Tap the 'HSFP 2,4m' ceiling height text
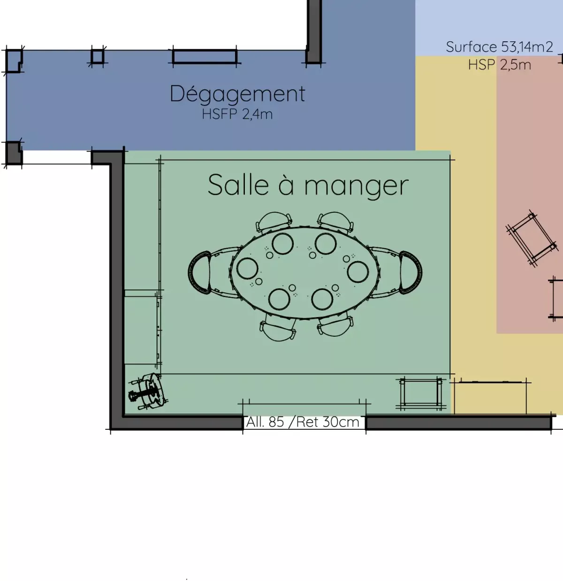pyautogui.click(x=237, y=114)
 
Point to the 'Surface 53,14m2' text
pyautogui.click(x=499, y=47)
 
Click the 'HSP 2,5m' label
pyautogui.click(x=500, y=65)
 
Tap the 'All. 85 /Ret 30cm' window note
pyautogui.click(x=303, y=422)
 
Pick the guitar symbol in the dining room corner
pyautogui.click(x=148, y=392)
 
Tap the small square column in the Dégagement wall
pyautogui.click(x=98, y=56)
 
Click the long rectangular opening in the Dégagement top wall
pyautogui.click(x=205, y=57)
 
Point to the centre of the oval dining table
pyautogui.click(x=305, y=272)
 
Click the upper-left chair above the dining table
pyautogui.click(x=274, y=223)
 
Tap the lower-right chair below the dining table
pyautogui.click(x=335, y=326)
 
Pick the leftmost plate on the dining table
pyautogui.click(x=247, y=268)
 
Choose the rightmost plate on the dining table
pyautogui.click(x=358, y=271)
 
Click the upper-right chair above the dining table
pyautogui.click(x=335, y=223)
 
